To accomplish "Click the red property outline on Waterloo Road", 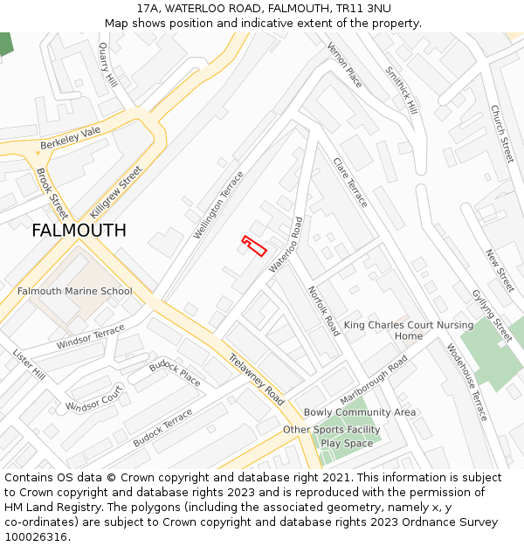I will [254, 246].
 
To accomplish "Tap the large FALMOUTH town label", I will [79, 231].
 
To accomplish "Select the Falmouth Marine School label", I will [75, 291].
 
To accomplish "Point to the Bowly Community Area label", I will [360, 412].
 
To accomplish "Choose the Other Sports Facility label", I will [332, 430].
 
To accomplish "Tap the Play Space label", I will [347, 443].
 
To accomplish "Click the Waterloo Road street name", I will [286, 245].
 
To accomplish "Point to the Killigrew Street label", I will [116, 192].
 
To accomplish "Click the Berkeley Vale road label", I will [71, 138].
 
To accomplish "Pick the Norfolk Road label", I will [323, 311].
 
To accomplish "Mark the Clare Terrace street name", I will [350, 182].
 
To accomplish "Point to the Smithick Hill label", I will [402, 92].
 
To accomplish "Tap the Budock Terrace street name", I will [162, 428].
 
